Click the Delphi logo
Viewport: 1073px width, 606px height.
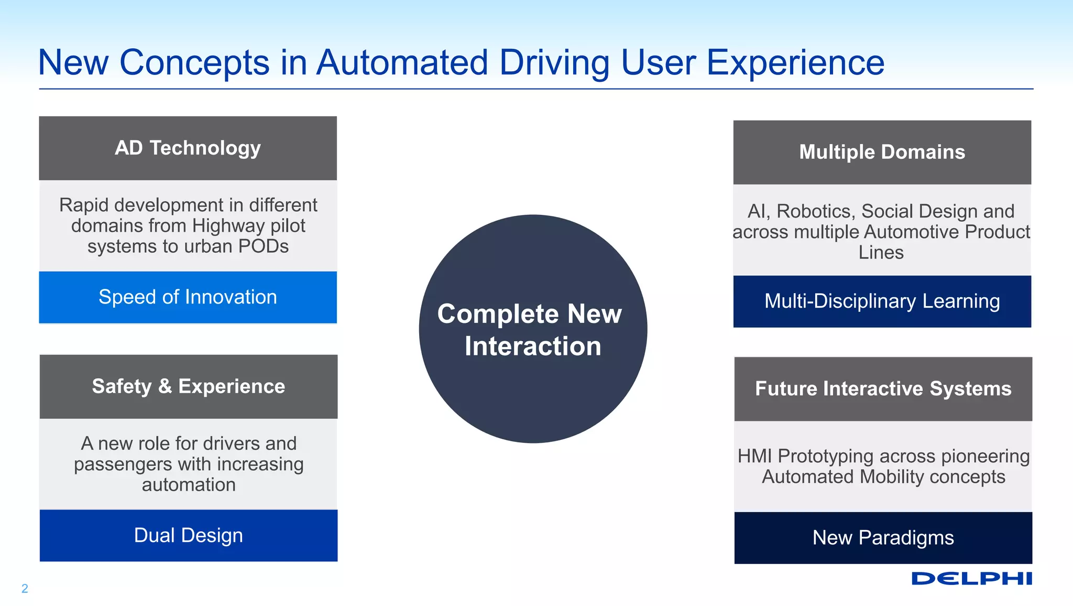971,579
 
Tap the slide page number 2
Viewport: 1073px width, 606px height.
25,588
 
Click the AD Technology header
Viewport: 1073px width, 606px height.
188,148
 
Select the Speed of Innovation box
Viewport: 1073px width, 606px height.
188,297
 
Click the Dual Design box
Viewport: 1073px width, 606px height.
188,535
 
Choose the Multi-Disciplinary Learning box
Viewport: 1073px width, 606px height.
882,301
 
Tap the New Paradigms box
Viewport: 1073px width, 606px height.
883,538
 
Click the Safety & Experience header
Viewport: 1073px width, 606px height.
188,386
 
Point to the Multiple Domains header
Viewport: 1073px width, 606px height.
882,152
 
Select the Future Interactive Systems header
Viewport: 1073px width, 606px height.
883,389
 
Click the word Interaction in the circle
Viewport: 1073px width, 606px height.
533,347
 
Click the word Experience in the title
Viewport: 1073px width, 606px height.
795,63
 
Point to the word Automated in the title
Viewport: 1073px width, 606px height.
402,63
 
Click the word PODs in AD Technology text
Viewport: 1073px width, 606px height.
264,246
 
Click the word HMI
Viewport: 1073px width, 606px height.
754,456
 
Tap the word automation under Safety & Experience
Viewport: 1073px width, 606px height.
189,485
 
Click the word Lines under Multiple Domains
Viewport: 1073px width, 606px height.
881,253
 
